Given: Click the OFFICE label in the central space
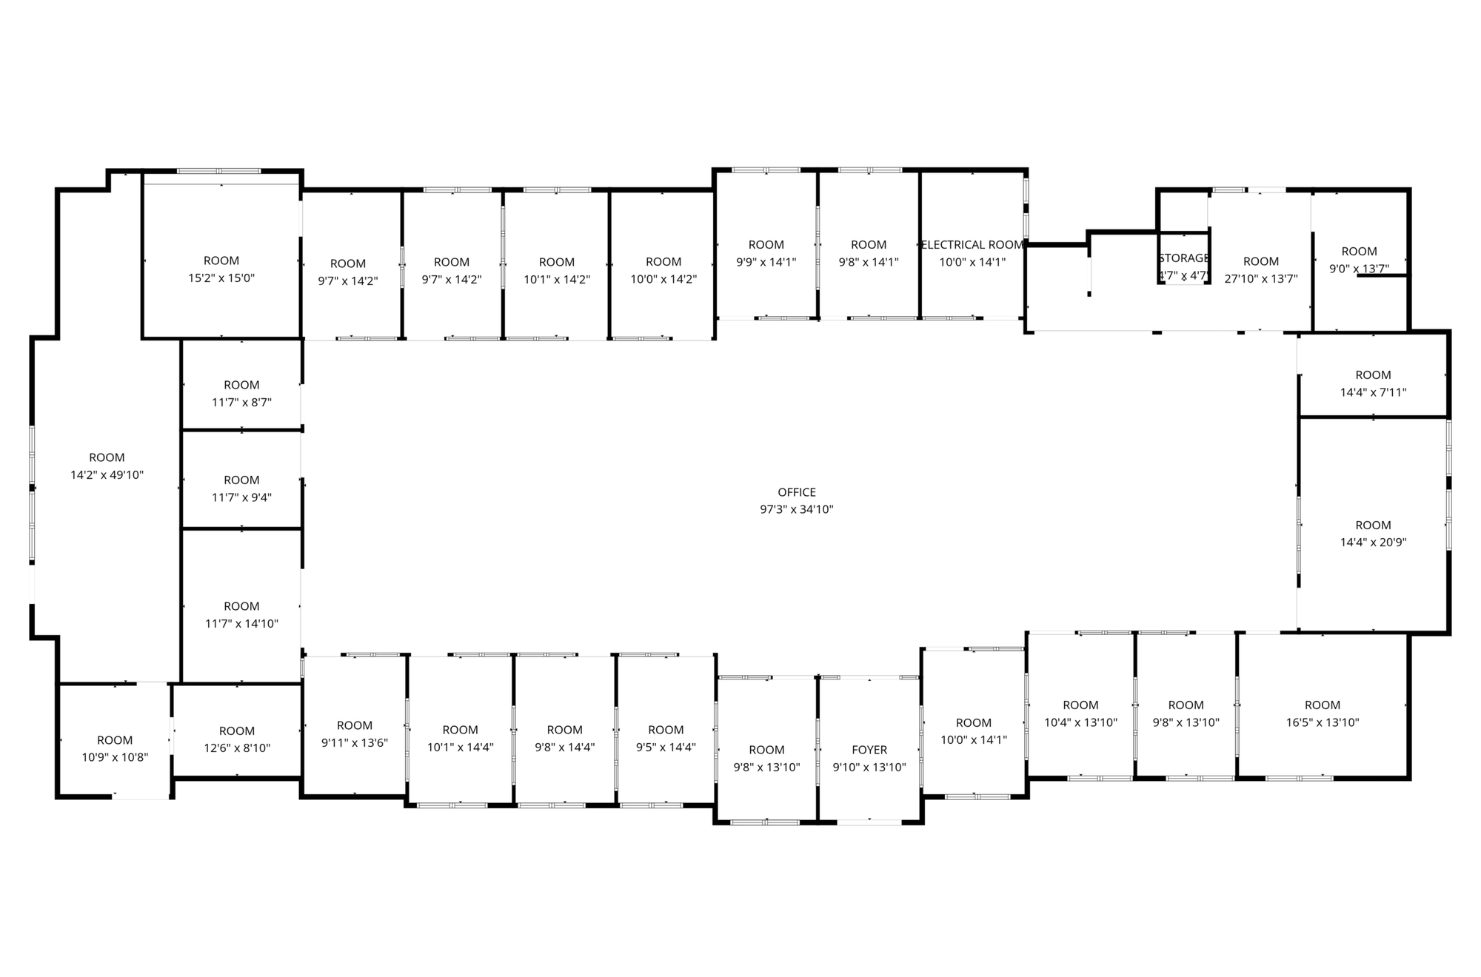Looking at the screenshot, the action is [797, 492].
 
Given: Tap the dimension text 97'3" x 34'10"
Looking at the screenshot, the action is [797, 509].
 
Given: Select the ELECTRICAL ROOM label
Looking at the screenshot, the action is [972, 244].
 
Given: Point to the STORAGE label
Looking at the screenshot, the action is [1184, 258].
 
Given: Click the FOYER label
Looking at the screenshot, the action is [869, 750].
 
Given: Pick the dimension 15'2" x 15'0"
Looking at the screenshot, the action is [221, 278].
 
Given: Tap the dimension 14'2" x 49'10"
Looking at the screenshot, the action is [107, 475].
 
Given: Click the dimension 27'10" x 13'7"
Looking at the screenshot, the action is [1261, 279].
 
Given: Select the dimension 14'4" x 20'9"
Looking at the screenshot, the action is [1374, 543].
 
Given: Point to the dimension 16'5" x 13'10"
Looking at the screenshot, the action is [1323, 722].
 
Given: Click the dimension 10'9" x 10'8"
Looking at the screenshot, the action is [115, 758].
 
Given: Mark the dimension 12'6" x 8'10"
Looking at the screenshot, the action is [237, 748].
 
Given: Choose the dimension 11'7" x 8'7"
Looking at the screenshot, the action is [241, 403].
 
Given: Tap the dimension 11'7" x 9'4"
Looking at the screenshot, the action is [241, 497].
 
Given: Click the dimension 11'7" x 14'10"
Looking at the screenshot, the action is [241, 624].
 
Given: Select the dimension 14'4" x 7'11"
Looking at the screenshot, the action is [1374, 392].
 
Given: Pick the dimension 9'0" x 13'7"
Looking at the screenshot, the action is [1360, 269].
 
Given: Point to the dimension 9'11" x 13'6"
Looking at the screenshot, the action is [355, 743].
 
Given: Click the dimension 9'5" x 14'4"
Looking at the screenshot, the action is [666, 748].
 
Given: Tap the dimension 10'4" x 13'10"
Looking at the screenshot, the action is [1081, 722].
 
